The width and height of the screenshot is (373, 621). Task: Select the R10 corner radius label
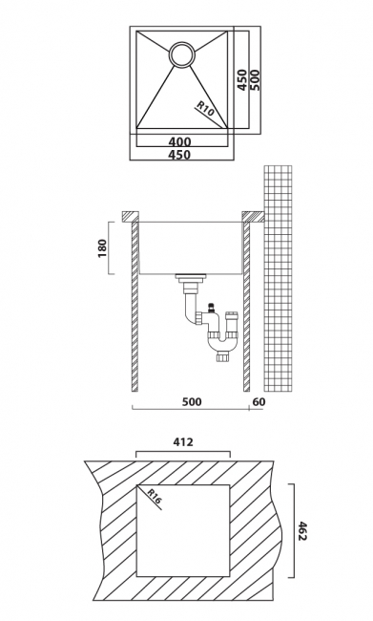[x=205, y=109]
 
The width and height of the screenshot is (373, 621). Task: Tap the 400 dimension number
[x=179, y=141]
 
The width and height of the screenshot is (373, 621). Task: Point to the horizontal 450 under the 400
[x=179, y=155]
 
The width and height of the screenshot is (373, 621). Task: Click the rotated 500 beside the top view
[x=256, y=80]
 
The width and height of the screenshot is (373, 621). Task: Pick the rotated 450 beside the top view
[x=242, y=80]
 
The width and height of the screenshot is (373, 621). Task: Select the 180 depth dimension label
[x=102, y=248]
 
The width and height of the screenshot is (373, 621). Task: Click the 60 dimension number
[x=259, y=401]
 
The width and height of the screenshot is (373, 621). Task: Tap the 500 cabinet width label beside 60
[x=192, y=401]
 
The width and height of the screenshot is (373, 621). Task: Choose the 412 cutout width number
[x=183, y=442]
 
